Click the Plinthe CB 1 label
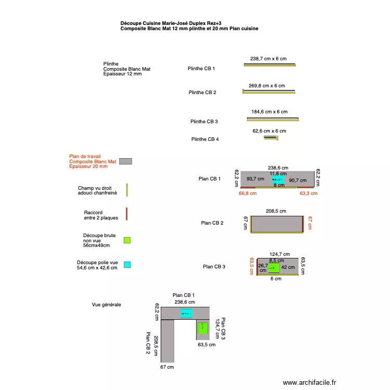coord(201,69)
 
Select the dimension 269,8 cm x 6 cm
coord(267,85)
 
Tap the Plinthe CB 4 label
coord(205,139)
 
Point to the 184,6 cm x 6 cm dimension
coord(269,112)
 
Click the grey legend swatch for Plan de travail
coord(125,161)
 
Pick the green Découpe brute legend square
coord(127,240)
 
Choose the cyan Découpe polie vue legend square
coord(127,265)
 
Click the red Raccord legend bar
coord(126,214)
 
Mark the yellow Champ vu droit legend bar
coord(126,190)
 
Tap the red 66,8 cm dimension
coord(248,193)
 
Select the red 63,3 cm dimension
coord(308,193)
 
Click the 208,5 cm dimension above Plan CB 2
coord(276,211)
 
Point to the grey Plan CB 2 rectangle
coord(277,224)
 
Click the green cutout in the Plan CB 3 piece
coord(274,268)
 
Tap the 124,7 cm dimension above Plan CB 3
coord(280,254)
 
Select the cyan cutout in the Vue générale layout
coord(186,313)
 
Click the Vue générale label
coord(106,305)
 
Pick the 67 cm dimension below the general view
coord(167,367)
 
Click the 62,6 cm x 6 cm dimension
coord(269,131)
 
